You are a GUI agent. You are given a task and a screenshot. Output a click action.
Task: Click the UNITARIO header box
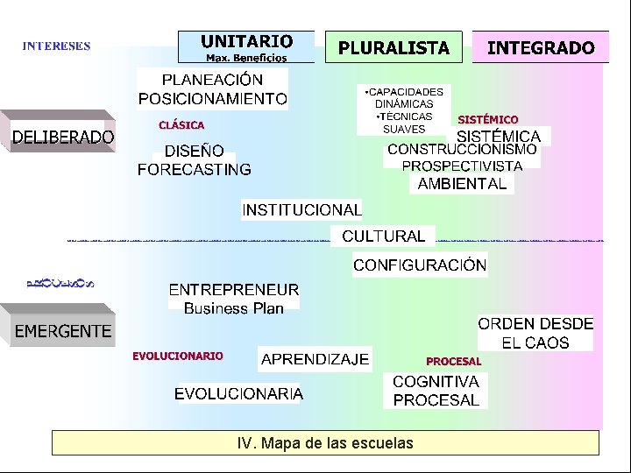(246, 47)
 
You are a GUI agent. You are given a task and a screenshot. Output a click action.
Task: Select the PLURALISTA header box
(394, 48)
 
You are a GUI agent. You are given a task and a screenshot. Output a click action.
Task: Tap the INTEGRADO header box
(540, 48)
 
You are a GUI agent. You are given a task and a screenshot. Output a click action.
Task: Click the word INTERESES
(56, 46)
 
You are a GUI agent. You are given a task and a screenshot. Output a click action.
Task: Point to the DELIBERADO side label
(62, 136)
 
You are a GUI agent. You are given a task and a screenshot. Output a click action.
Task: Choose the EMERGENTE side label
(62, 330)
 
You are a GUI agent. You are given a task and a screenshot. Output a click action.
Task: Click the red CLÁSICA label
(181, 125)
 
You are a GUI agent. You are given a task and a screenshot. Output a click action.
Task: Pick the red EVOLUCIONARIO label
(178, 356)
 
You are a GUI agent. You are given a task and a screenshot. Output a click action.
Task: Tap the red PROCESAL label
(453, 361)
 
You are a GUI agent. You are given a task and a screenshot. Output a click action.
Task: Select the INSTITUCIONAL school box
(301, 210)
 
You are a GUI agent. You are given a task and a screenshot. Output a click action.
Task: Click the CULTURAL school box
(383, 236)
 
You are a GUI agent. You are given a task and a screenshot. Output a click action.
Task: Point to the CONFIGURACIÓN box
(420, 265)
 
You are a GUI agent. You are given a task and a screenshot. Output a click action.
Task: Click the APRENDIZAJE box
(315, 359)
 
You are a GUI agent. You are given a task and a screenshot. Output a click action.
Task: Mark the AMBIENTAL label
(462, 184)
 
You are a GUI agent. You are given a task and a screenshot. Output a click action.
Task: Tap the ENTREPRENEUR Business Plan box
(233, 298)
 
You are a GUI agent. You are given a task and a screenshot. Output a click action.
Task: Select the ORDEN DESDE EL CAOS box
(535, 334)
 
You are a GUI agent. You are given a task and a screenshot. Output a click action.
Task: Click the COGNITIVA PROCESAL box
(436, 391)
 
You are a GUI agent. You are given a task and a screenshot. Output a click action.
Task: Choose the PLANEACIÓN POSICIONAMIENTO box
(212, 89)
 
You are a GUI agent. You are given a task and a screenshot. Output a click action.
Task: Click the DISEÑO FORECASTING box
(194, 160)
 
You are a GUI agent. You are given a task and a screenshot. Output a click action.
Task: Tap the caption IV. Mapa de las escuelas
(325, 443)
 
